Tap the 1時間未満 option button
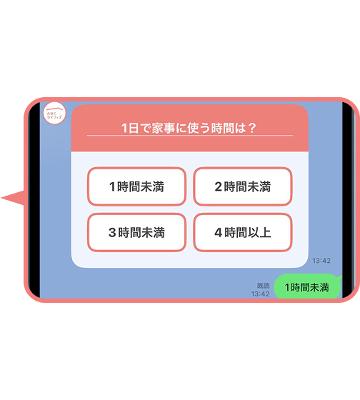pos(136,186)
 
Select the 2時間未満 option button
pos(243,186)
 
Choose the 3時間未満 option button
pos(136,232)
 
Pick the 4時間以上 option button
pos(243,232)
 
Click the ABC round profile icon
pos(54,113)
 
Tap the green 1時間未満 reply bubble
pos(307,286)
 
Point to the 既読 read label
pos(264,286)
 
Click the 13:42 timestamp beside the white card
pos(321,261)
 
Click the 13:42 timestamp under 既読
pos(260,294)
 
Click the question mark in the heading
pos(251,128)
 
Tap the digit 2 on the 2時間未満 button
pos(218,186)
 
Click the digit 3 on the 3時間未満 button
pos(112,232)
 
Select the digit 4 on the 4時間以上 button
pos(219,232)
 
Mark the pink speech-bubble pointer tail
pos(13,198)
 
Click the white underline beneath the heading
pos(190,136)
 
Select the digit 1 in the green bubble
pos(287,287)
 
